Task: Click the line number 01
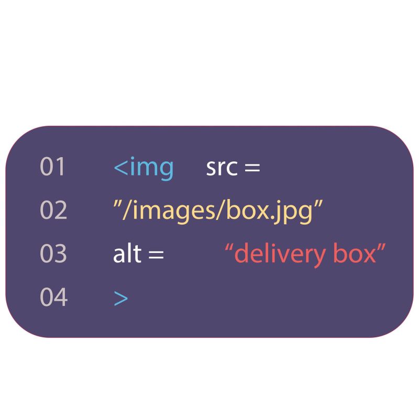click(53, 167)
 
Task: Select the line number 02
click(53, 211)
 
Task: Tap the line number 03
click(53, 254)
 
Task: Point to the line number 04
click(53, 297)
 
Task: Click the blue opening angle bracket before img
click(120, 168)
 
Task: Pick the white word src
click(222, 168)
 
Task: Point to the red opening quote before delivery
click(228, 247)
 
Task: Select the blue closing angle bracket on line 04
click(120, 298)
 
